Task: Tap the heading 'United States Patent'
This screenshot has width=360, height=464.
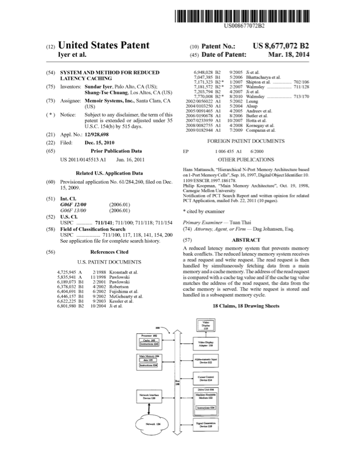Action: (107, 45)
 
